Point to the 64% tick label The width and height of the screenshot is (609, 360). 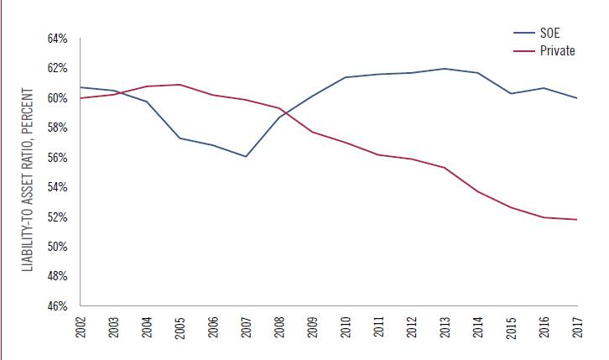tap(56, 39)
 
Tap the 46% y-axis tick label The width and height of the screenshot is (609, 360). tap(56, 306)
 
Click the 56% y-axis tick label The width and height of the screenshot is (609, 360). tap(56, 158)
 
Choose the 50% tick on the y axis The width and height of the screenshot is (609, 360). tap(56, 247)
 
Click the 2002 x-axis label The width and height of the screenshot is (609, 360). tap(81, 327)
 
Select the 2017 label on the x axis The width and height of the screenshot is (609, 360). tap(578, 327)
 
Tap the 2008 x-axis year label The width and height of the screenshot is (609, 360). tap(279, 327)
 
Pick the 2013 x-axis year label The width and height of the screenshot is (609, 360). tap(445, 327)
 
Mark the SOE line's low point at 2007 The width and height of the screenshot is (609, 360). tap(247, 156)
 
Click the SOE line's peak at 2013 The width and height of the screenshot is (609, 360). tap(445, 69)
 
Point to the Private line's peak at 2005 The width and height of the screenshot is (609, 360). tap(180, 85)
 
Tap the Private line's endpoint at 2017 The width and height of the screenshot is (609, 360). tap(578, 220)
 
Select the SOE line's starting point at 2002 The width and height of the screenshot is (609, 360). tap(81, 87)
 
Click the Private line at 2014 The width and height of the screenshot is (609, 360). tap(478, 191)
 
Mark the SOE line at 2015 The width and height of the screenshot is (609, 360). tap(512, 93)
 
